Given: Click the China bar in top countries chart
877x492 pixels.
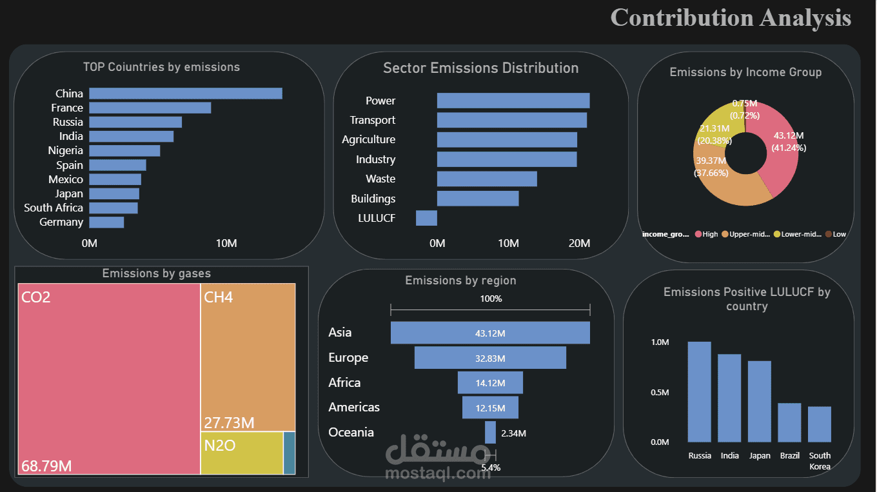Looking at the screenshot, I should (186, 93).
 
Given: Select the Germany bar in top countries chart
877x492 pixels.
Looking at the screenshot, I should (106, 222).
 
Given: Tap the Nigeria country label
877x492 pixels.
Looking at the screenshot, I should (66, 150).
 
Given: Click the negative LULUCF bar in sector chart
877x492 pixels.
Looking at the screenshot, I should (426, 218).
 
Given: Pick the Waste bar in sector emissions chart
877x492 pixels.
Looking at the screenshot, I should (487, 179).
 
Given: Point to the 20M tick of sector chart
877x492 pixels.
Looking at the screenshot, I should (580, 243).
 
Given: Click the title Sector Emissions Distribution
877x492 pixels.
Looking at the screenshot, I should (480, 68).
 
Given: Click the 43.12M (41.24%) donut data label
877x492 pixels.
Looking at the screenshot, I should (788, 141).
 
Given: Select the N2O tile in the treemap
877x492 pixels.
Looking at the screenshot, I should (241, 453).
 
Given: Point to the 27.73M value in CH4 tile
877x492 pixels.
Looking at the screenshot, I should (229, 423).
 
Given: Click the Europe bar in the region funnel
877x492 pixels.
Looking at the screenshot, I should (490, 358).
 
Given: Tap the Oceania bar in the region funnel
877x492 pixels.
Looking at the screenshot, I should (490, 432).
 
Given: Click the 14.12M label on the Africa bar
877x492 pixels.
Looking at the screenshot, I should (490, 383).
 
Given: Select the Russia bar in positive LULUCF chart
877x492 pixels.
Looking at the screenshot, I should (699, 391).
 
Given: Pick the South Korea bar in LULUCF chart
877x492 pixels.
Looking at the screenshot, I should (820, 424).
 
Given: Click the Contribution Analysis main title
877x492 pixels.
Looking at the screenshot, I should (731, 17).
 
